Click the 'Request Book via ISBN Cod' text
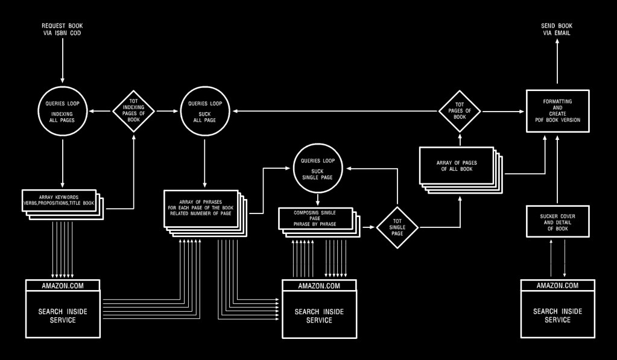[x=62, y=30]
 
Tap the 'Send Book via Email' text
[x=557, y=30]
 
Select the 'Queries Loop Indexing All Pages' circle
[x=62, y=112]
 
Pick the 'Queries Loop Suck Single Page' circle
[x=318, y=166]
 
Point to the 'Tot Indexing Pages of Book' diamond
[x=134, y=112]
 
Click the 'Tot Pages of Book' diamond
[x=460, y=112]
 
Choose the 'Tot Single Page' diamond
[x=397, y=228]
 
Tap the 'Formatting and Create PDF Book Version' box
[x=557, y=111]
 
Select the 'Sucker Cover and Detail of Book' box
[x=557, y=221]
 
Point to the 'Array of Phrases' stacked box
[x=202, y=208]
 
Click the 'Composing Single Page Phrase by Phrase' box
[x=315, y=218]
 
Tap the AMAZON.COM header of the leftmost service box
[x=63, y=285]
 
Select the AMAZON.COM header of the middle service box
[x=319, y=285]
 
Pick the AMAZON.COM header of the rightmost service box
[x=557, y=285]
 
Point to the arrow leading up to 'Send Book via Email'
[x=557, y=63]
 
